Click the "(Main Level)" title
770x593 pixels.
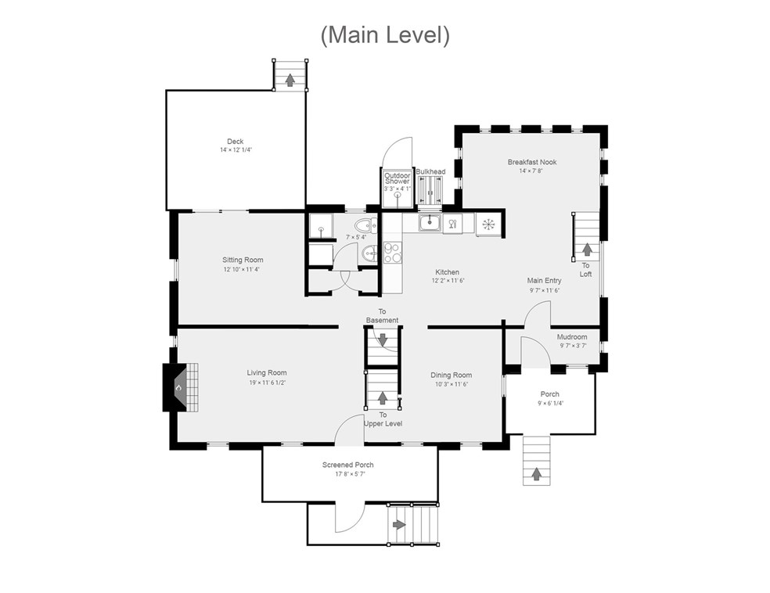(385, 35)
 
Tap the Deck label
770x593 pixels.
(236, 142)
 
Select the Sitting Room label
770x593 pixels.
(243, 261)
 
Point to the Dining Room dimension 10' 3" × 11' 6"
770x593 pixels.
(452, 384)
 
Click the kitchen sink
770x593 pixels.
(430, 223)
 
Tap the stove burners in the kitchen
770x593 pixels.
(392, 253)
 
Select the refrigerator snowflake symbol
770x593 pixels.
(488, 225)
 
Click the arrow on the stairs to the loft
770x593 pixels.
(586, 250)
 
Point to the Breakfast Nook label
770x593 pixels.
(532, 162)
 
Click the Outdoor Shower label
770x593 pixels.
(398, 178)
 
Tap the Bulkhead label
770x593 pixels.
(430, 172)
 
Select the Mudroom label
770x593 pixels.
(572, 336)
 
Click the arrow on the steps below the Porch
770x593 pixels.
(537, 474)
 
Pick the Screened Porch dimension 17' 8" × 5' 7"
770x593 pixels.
(350, 474)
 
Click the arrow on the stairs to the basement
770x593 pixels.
(383, 340)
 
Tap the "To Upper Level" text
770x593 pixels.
(383, 419)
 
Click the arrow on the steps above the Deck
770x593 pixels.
(290, 80)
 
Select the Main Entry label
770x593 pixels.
(544, 281)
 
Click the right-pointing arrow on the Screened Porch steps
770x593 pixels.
(399, 525)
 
